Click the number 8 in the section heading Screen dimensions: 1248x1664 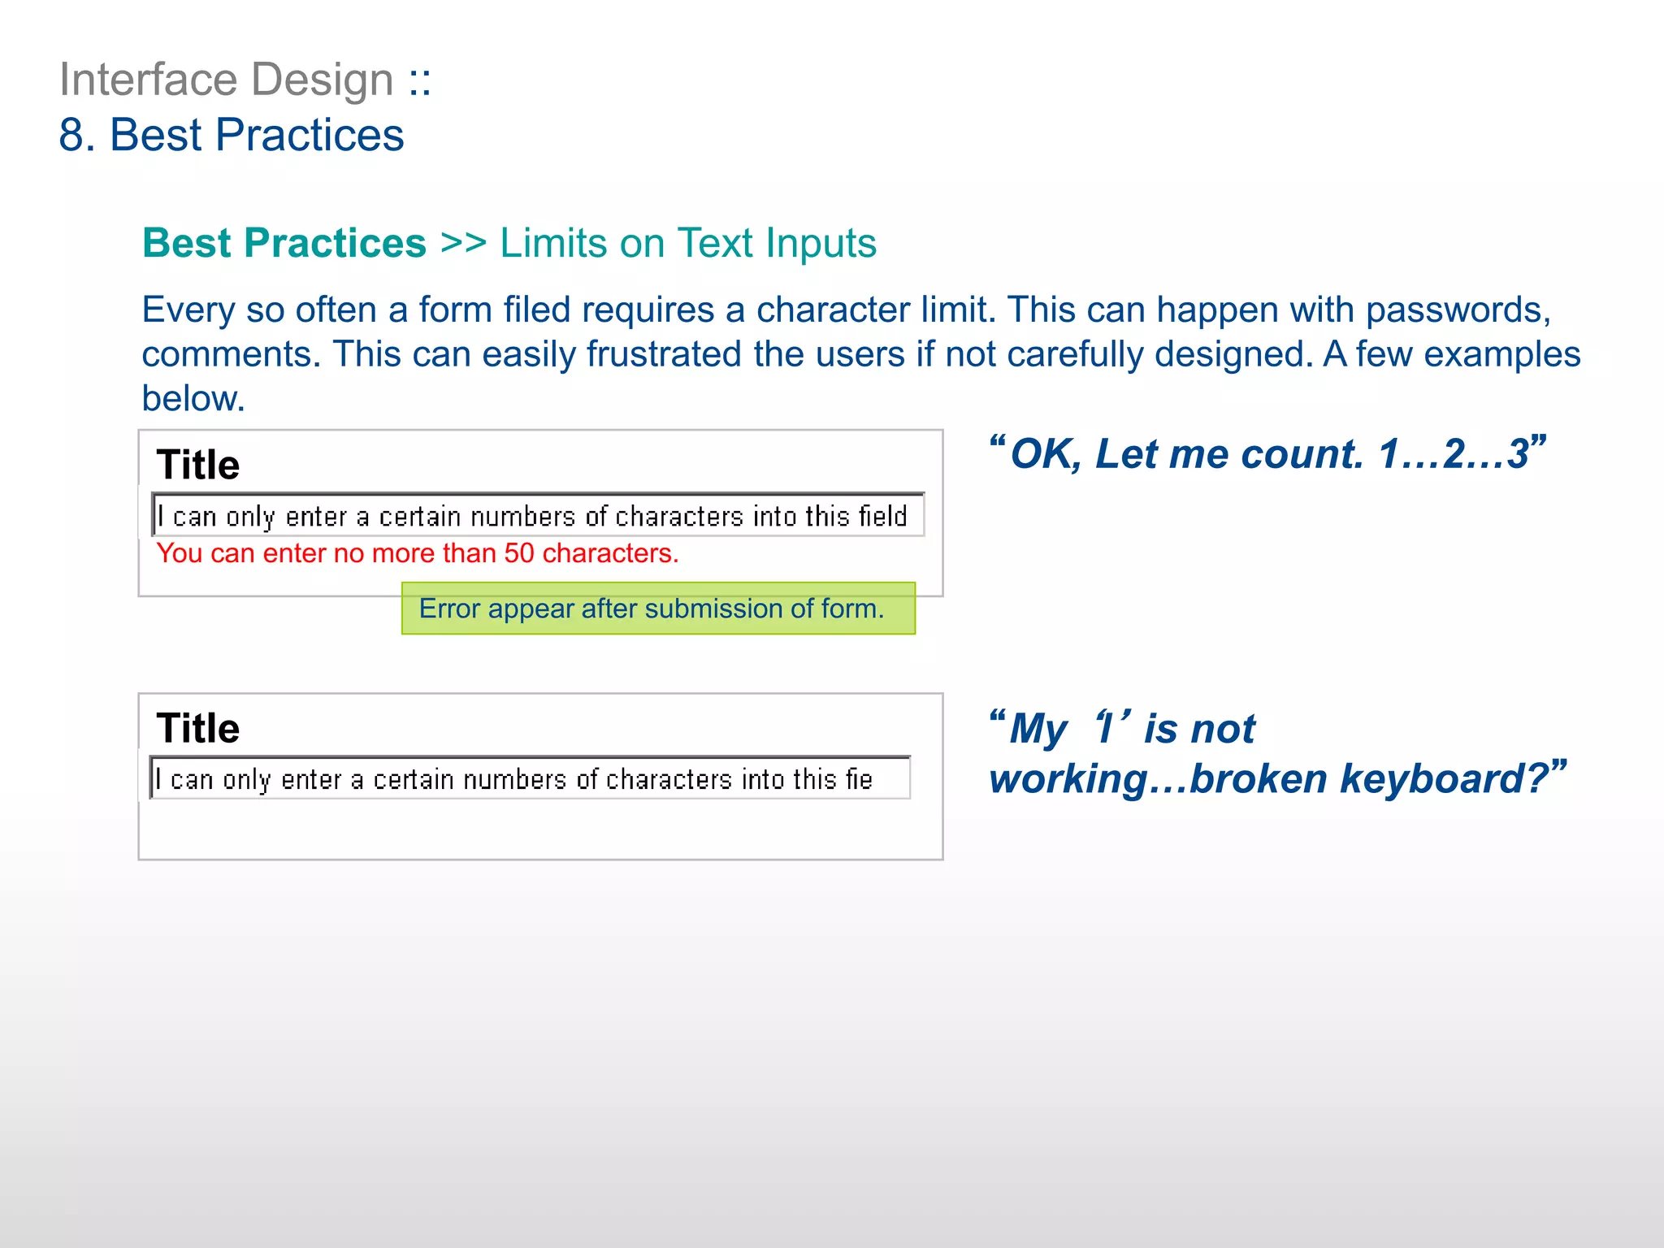71,135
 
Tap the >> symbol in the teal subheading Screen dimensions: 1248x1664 463,243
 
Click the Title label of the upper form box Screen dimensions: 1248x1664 197,465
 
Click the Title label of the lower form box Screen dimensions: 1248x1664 197,728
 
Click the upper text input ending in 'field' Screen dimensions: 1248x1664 538,515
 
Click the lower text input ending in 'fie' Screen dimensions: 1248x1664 530,778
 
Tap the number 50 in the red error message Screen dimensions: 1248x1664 518,553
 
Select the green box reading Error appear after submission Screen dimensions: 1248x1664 658,609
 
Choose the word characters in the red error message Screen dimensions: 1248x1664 609,553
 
